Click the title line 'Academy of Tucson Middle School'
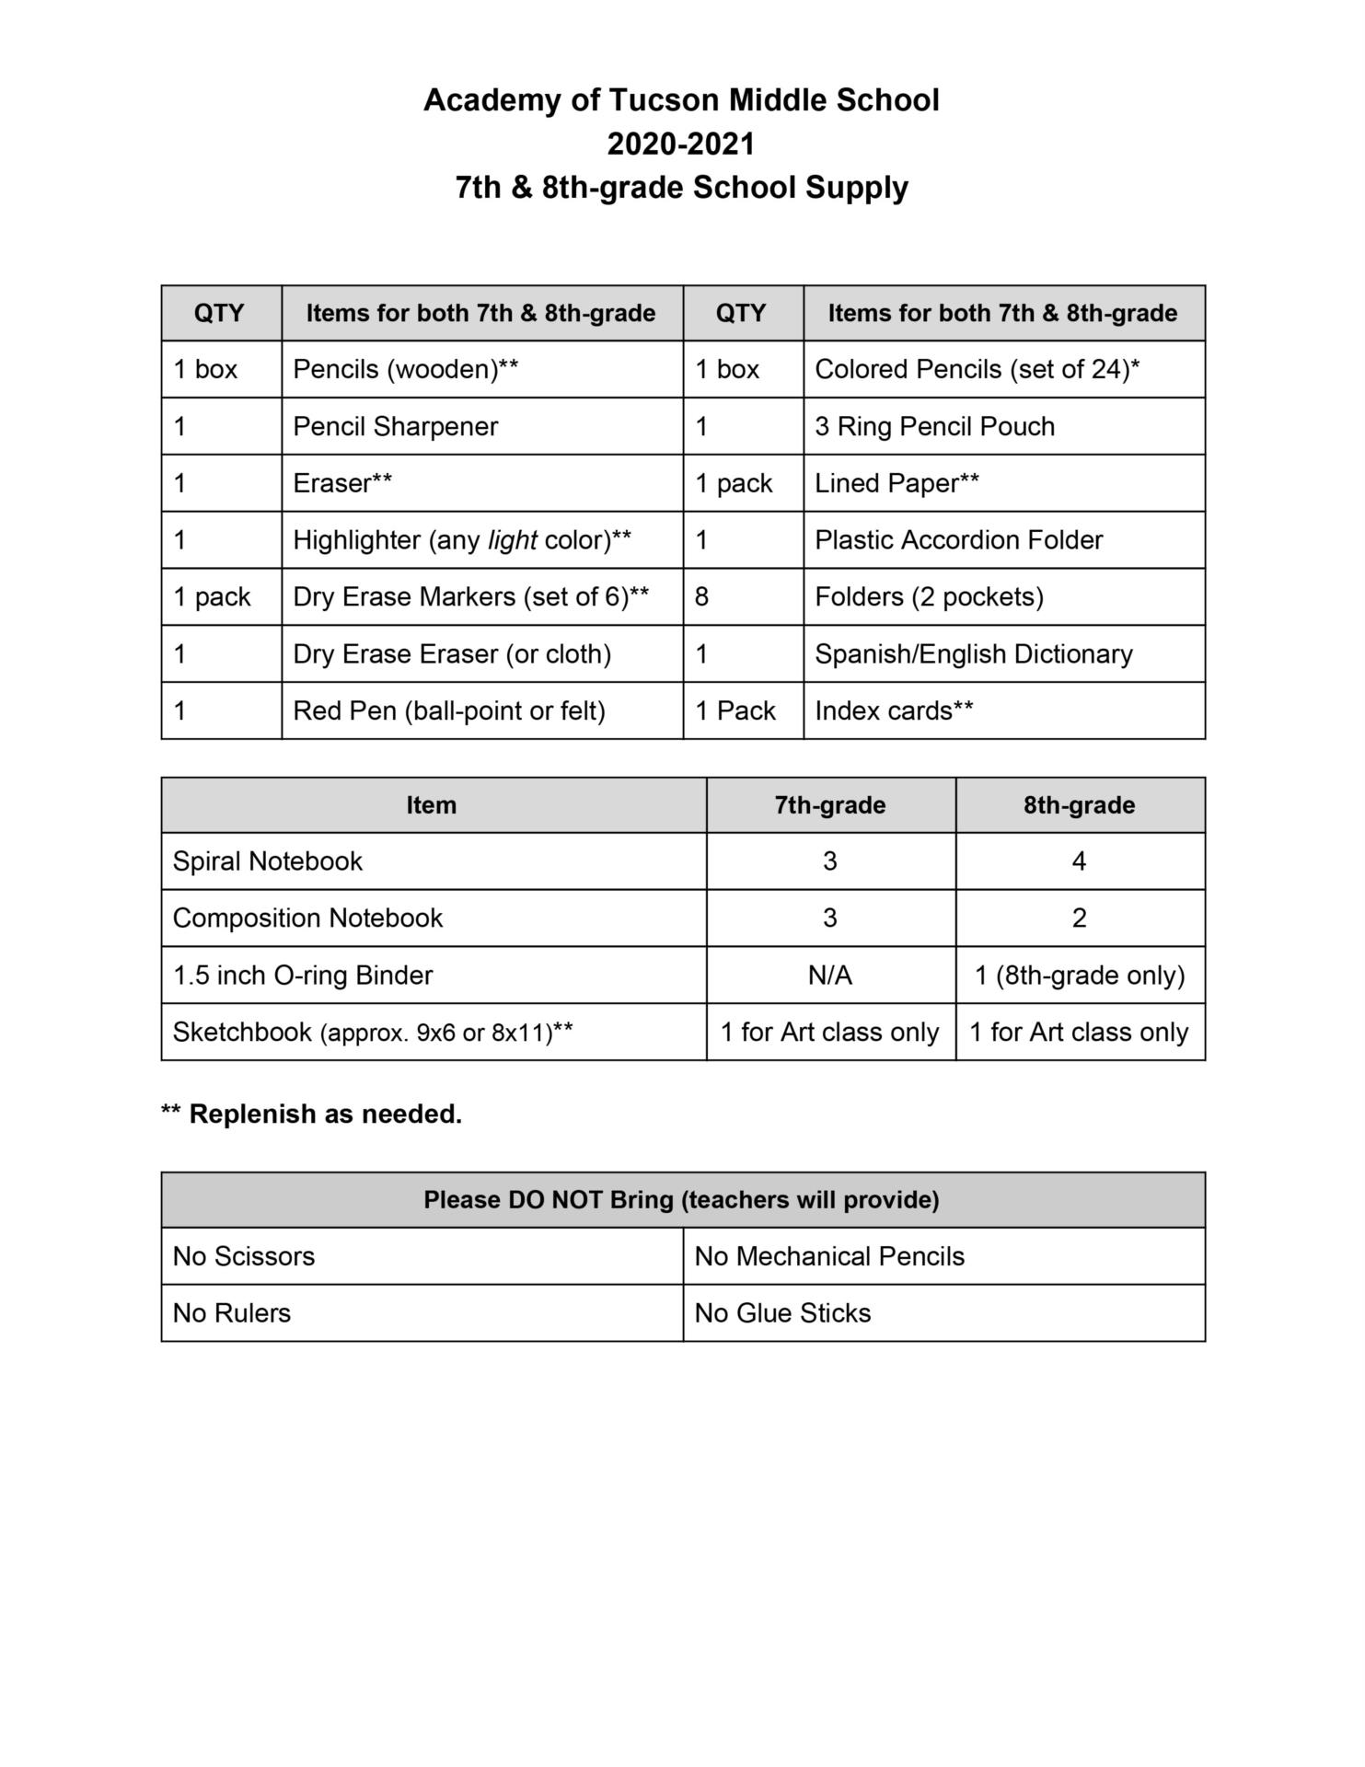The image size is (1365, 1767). coord(681,100)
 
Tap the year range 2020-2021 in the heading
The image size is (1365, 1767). coord(681,144)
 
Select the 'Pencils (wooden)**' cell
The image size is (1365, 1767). coord(405,370)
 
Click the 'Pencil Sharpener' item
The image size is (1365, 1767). coord(395,427)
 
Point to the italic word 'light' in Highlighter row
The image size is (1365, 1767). coord(512,540)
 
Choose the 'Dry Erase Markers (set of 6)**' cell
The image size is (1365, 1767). coord(470,597)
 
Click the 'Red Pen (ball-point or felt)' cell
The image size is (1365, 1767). coord(449,711)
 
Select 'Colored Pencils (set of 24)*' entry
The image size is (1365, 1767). coord(977,370)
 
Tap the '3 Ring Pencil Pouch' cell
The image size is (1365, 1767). coord(934,427)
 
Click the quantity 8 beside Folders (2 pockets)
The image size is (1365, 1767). coord(702,597)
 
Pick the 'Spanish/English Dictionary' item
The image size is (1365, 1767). coord(973,654)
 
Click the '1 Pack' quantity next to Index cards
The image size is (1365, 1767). coord(735,711)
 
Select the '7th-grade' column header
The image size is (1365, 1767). coord(829,806)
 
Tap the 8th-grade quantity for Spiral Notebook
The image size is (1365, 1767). coord(1079,862)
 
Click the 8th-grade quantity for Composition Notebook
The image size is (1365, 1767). coord(1079,918)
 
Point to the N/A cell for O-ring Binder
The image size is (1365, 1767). coord(829,976)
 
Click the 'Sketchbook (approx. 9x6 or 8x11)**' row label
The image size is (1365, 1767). coord(373,1033)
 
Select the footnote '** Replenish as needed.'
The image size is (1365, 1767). coord(311,1114)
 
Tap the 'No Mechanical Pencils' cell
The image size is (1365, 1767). coord(828,1257)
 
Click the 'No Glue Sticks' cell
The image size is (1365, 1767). coord(782,1313)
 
